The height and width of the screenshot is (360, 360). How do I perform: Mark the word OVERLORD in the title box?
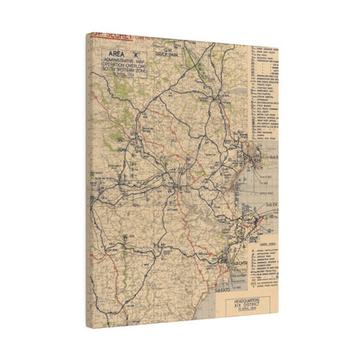click(x=135, y=66)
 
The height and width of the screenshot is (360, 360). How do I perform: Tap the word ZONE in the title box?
click(x=141, y=72)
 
